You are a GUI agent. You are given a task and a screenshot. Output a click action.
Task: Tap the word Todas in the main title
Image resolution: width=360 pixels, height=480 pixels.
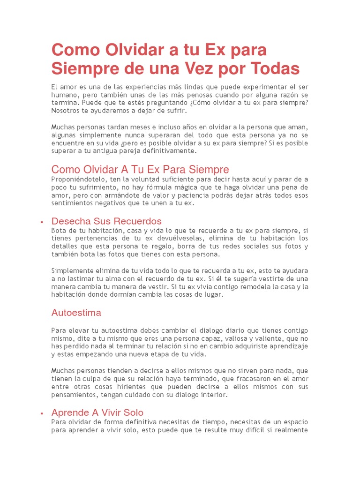[x=273, y=68]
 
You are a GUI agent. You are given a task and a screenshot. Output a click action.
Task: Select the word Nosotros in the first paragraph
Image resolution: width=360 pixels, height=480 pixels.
[x=66, y=111]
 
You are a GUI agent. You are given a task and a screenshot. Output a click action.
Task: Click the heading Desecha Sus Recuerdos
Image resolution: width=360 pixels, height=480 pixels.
[x=106, y=221]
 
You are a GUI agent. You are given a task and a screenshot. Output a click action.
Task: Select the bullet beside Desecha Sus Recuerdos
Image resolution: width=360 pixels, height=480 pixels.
[x=42, y=222]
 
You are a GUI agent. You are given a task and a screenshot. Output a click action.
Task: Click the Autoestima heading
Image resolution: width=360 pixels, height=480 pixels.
[x=76, y=313]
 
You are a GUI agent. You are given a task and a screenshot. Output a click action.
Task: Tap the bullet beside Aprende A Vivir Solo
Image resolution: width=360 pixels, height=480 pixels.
[x=42, y=413]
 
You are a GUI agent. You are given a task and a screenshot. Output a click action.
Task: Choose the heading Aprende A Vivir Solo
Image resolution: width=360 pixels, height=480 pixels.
[x=97, y=412]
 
